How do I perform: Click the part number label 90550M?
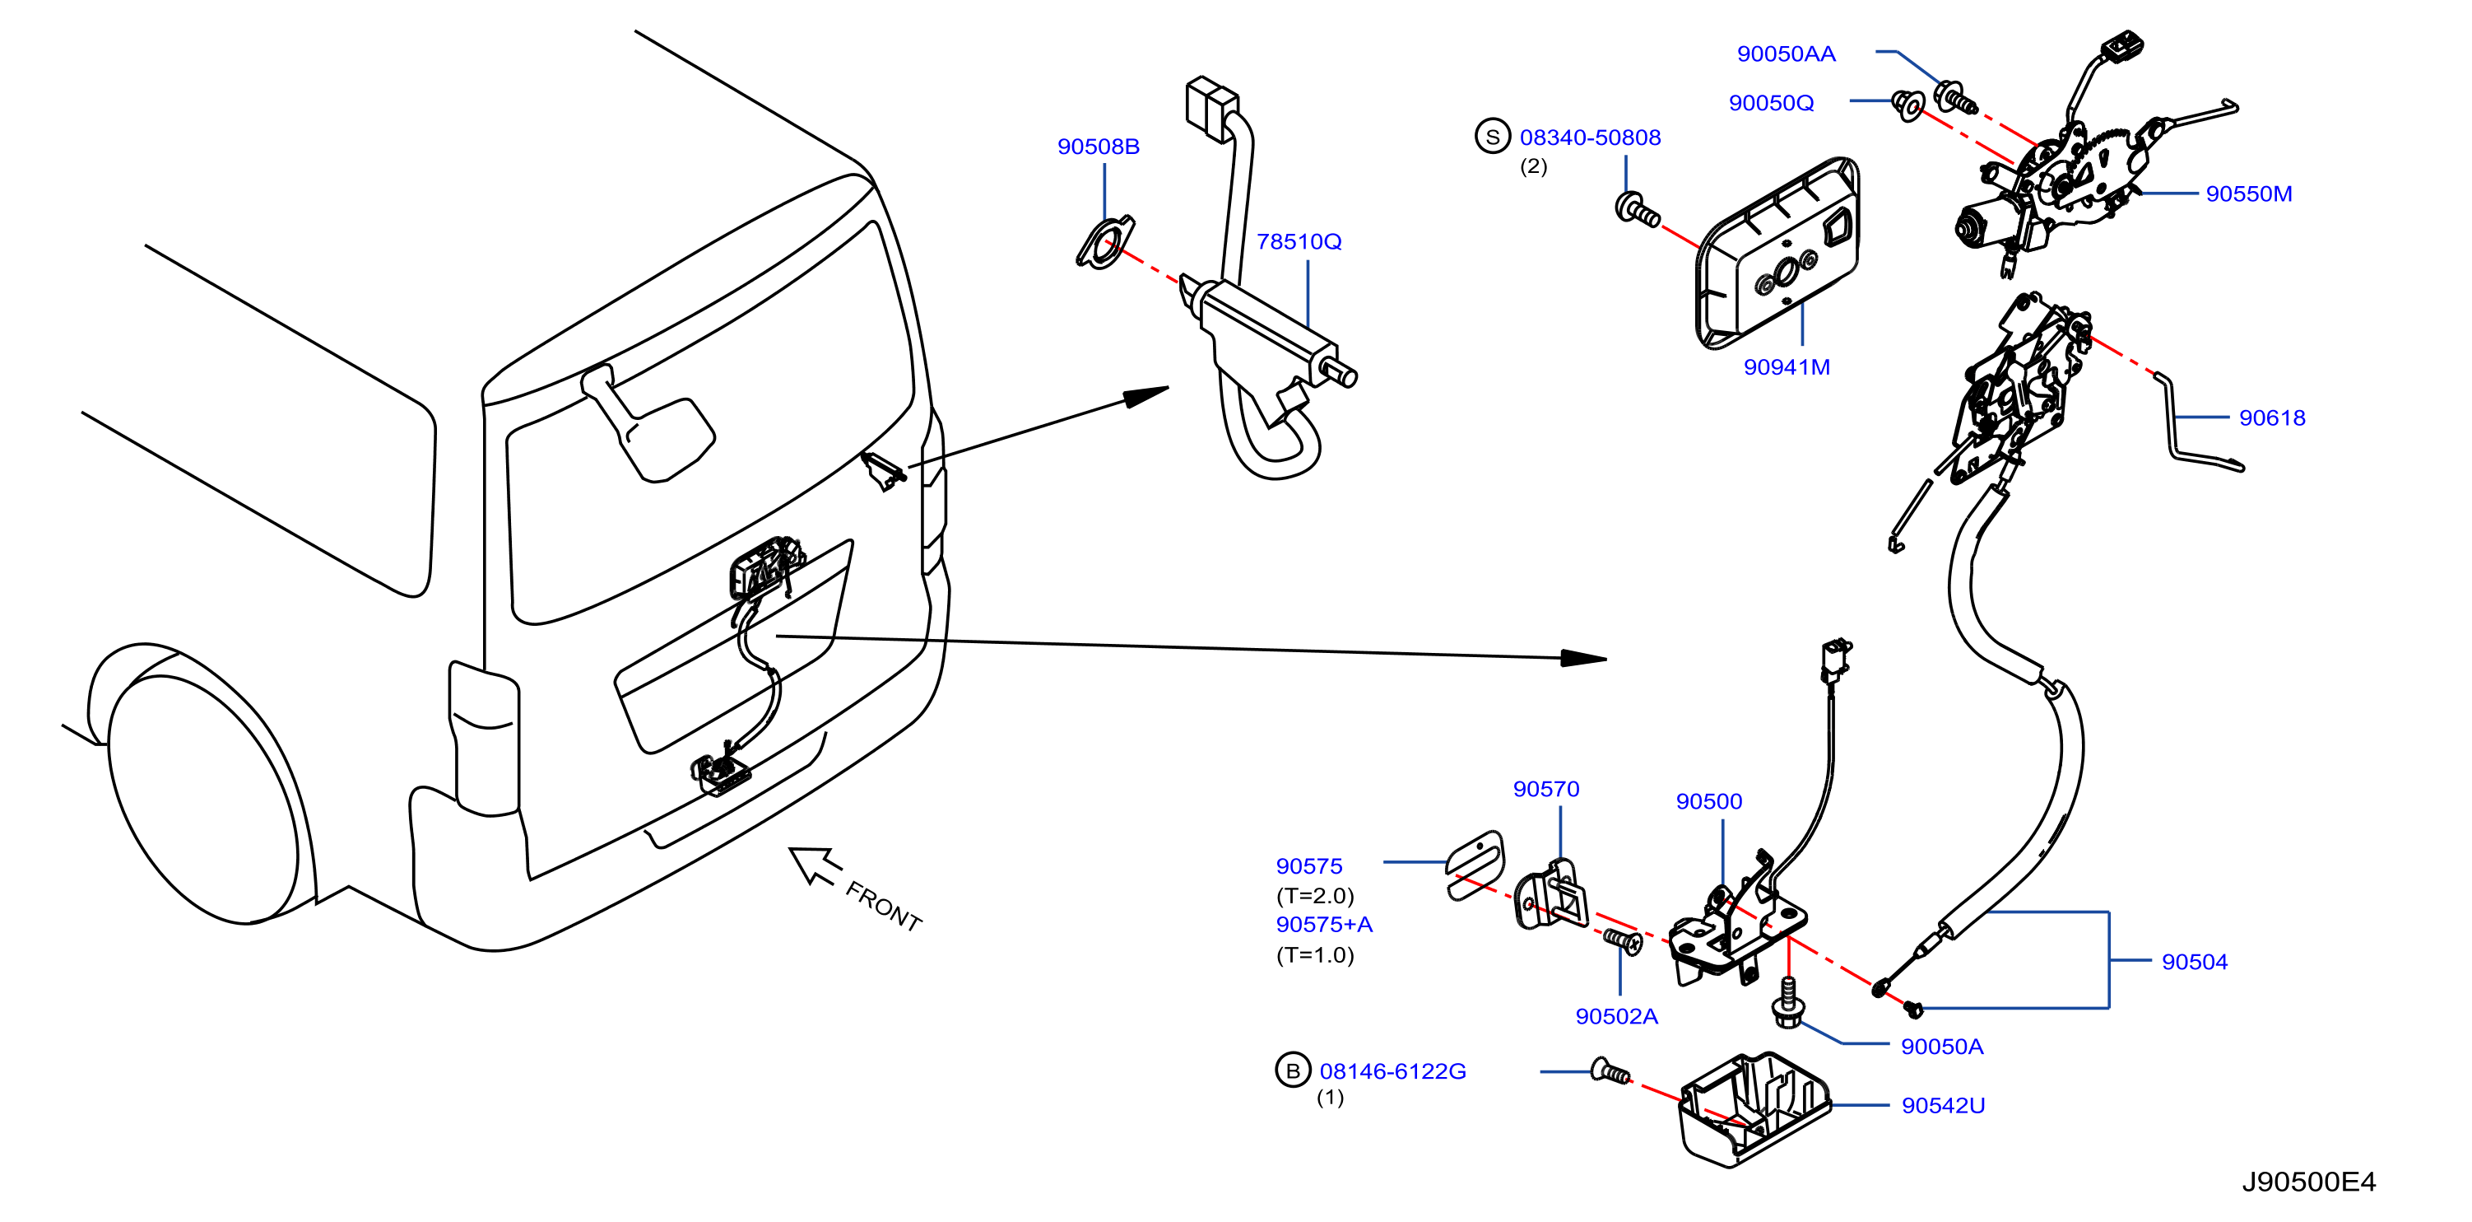(x=2248, y=194)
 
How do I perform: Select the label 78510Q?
(x=1299, y=242)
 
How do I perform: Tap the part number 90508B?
(x=1098, y=147)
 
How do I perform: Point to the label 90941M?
(x=1786, y=367)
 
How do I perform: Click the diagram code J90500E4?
(x=2308, y=1182)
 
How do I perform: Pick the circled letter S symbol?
(x=1492, y=137)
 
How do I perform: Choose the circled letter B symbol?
(x=1293, y=1070)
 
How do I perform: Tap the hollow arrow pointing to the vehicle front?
(x=814, y=865)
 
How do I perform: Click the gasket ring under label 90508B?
(x=1104, y=244)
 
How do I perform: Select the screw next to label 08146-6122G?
(x=1611, y=1072)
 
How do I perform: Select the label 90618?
(x=2271, y=418)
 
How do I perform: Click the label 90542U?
(x=1942, y=1106)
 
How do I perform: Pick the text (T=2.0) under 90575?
(x=1315, y=897)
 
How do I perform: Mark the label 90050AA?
(x=1786, y=54)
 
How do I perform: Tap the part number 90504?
(x=2194, y=962)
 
